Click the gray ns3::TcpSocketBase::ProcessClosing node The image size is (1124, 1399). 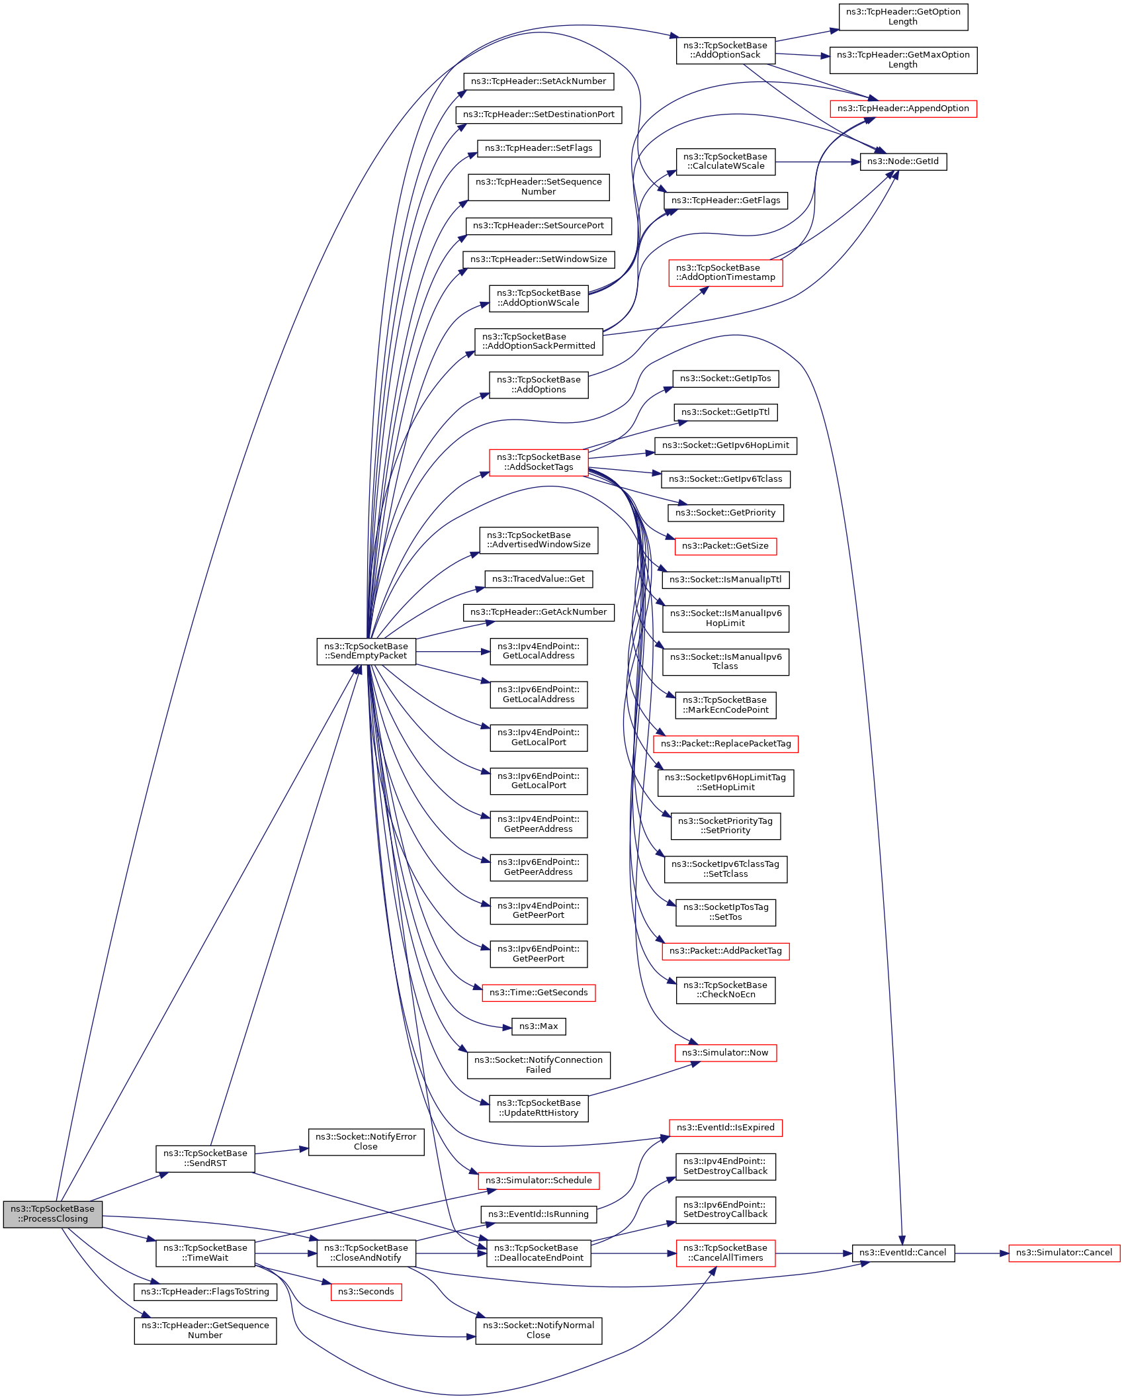[x=53, y=1214]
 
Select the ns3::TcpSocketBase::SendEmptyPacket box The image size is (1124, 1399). [x=366, y=651]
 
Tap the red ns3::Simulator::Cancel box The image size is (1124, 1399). [x=1064, y=1253]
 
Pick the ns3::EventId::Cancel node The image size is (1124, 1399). [x=903, y=1253]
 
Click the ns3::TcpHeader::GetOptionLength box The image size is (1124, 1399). [x=903, y=17]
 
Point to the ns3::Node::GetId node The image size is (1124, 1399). [x=903, y=161]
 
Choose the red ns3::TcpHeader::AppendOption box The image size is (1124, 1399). [x=903, y=109]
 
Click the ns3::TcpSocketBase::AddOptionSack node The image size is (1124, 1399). [x=726, y=50]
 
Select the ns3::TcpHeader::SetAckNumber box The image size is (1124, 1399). [x=539, y=81]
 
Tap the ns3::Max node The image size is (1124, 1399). [x=539, y=1026]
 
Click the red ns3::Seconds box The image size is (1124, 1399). [x=366, y=1292]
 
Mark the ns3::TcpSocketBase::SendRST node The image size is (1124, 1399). [x=205, y=1158]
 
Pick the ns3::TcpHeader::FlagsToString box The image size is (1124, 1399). [x=205, y=1292]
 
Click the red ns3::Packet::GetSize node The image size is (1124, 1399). [x=726, y=546]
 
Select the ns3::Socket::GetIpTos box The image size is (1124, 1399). [x=726, y=379]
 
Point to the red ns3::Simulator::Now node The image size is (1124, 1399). [x=726, y=1053]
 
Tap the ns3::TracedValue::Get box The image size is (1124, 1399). [x=539, y=579]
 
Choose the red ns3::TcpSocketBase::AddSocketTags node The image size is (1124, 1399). [x=539, y=462]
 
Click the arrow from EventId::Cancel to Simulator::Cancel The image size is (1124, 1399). [x=982, y=1253]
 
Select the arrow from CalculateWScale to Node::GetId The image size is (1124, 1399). [x=818, y=161]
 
